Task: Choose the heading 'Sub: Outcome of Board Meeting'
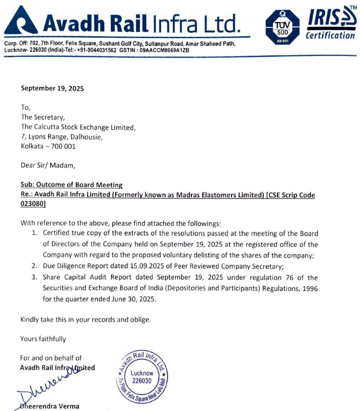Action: point(71,185)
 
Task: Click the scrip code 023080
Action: point(33,204)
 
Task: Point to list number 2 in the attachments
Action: point(33,265)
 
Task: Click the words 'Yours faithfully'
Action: point(43,339)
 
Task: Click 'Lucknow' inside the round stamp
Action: point(142,373)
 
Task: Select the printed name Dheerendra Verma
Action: point(50,406)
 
